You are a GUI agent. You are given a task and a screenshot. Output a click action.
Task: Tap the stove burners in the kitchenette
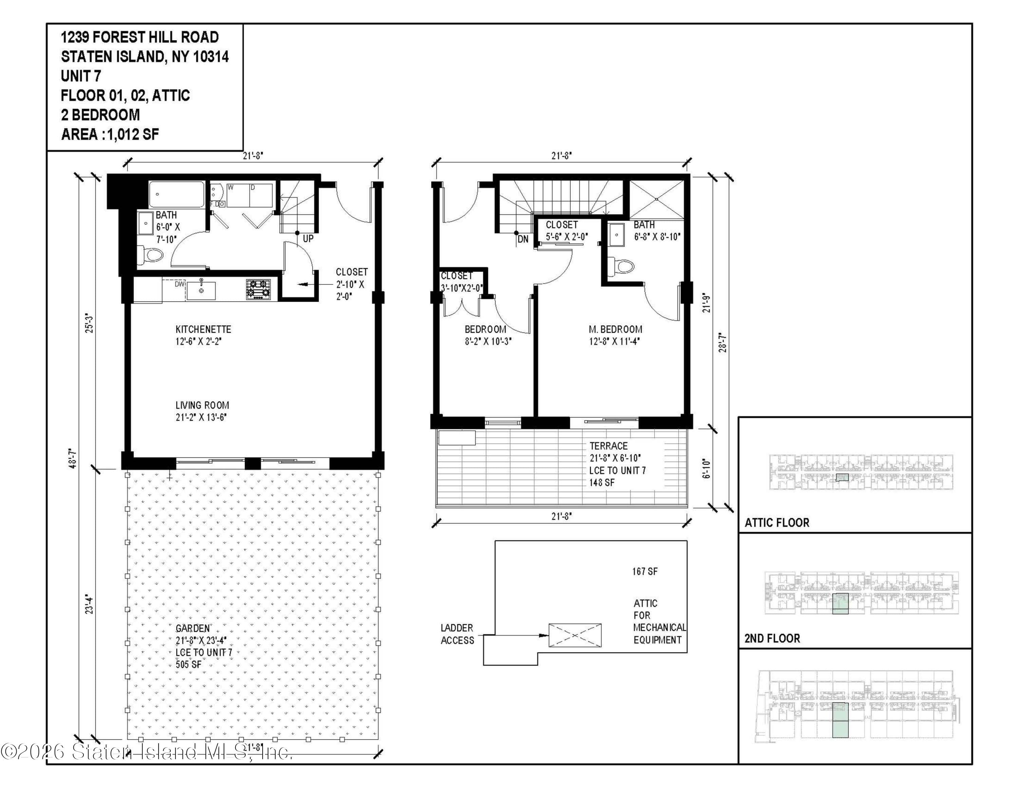[258, 289]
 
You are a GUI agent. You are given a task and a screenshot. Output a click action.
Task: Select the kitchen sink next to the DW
[201, 290]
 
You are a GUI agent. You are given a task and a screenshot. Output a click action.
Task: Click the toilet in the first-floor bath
[152, 255]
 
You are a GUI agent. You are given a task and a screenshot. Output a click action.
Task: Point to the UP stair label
[308, 238]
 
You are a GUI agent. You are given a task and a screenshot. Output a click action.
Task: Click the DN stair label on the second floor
[523, 239]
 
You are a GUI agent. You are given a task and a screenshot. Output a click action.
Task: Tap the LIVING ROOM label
[202, 405]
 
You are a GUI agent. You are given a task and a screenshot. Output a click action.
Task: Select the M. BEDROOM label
[615, 329]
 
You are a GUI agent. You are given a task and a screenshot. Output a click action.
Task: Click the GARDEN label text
[192, 628]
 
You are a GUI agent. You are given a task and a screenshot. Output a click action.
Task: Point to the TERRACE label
[608, 446]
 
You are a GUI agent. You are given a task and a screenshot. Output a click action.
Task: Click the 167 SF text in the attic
[645, 571]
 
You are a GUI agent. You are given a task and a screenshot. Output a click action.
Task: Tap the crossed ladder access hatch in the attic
[575, 635]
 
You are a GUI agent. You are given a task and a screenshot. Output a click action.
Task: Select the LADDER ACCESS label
[457, 634]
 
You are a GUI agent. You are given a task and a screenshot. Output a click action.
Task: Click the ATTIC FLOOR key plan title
[776, 523]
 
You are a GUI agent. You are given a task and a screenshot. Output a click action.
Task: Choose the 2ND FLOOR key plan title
[772, 638]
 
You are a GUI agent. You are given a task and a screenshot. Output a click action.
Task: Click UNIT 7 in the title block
[81, 76]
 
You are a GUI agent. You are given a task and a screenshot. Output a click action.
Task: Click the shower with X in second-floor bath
[657, 199]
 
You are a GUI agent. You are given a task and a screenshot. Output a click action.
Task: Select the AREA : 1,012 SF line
[110, 135]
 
